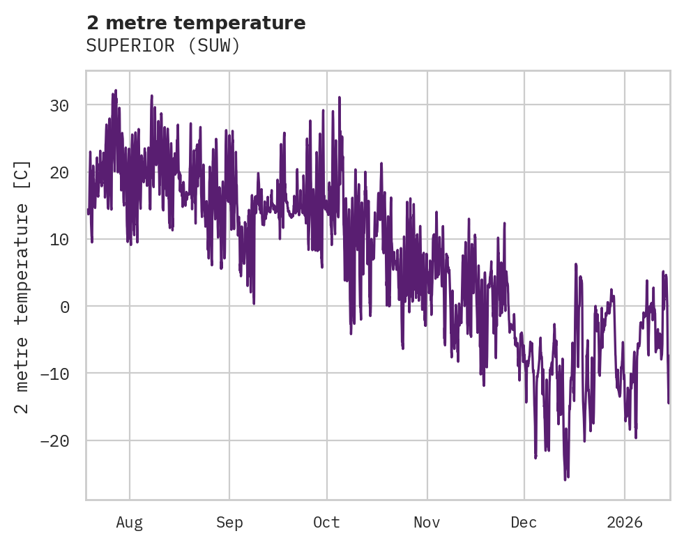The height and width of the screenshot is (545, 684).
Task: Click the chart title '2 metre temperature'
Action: pos(196,23)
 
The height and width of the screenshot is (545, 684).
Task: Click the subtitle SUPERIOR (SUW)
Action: pos(163,46)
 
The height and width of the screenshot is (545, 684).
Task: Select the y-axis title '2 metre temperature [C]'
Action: pos(22,286)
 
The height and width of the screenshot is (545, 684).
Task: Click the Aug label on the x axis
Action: pos(129,523)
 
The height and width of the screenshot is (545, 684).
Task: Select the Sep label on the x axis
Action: pos(229,523)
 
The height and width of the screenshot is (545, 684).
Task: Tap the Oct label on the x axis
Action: pos(326,523)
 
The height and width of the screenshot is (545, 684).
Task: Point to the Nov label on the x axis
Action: pos(427,523)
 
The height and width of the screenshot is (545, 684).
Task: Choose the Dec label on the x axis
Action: pos(524,523)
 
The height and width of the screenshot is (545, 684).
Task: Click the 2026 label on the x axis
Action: pos(625,523)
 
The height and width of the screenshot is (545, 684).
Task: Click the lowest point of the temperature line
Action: pos(565,480)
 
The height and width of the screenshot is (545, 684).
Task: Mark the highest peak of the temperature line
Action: pos(116,91)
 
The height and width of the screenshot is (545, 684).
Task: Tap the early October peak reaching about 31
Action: pos(340,98)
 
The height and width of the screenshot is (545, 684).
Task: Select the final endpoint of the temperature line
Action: pos(669,403)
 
